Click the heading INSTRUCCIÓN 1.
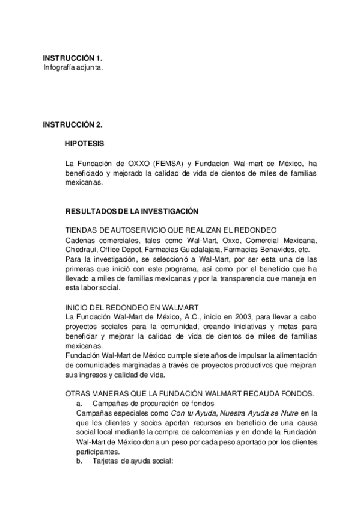(x=72, y=58)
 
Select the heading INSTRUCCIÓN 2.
(x=72, y=124)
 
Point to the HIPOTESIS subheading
(x=84, y=144)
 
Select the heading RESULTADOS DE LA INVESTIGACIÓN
(x=131, y=212)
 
